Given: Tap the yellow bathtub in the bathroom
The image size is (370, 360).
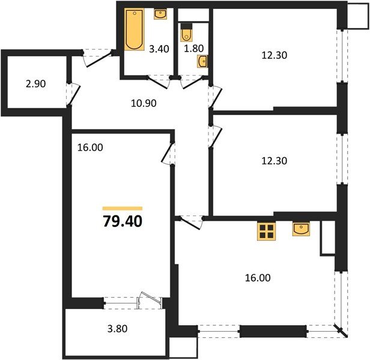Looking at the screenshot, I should coord(133,29).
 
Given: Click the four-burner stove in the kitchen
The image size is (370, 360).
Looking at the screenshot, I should coord(265,230).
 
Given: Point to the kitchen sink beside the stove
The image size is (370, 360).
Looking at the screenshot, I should coord(301,229).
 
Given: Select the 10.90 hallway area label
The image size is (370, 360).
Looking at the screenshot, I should coord(144,103).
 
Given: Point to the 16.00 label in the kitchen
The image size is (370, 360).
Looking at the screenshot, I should coord(258,278).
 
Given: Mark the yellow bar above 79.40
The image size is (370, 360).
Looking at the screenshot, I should coord(123,208).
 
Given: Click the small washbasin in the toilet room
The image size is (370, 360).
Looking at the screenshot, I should coord(204,61).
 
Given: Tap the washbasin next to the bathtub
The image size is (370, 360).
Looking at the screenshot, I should coord(160,14).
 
